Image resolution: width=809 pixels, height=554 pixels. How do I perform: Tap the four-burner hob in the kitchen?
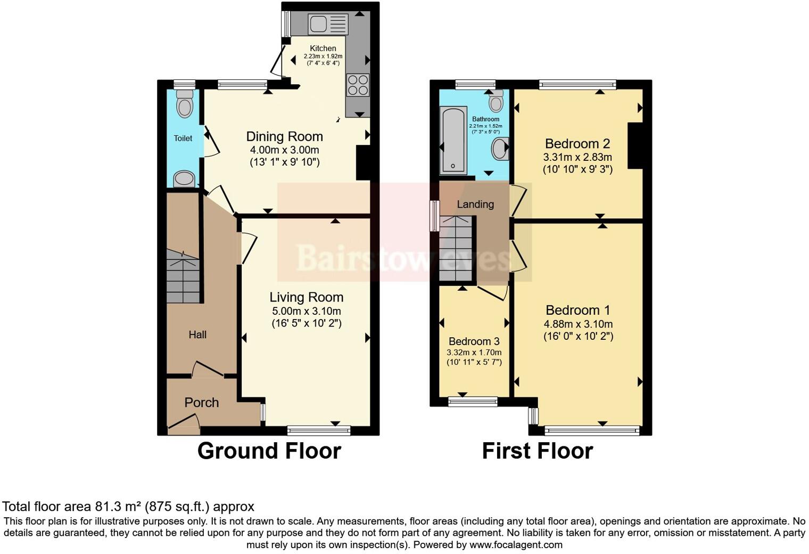[x=357, y=85]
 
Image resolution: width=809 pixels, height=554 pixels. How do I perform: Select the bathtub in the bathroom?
[x=453, y=140]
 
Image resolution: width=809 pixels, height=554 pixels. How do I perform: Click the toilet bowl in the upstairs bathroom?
[x=496, y=101]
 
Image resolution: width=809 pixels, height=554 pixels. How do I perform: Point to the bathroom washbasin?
[x=500, y=149]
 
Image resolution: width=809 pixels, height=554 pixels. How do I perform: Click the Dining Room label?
[x=284, y=136]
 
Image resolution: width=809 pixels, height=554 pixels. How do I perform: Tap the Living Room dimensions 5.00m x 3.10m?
[x=306, y=311]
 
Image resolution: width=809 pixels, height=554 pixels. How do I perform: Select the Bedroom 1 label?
[x=577, y=310]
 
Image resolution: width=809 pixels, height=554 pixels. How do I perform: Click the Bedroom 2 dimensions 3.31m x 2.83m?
[x=577, y=157]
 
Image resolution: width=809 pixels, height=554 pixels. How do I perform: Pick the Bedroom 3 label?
[x=474, y=341]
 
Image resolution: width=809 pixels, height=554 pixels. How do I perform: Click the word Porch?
[x=201, y=403]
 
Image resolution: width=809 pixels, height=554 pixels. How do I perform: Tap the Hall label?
[x=197, y=335]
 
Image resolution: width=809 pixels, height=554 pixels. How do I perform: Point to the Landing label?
[x=475, y=204]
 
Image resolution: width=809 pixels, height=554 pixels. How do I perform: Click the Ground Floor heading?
[x=269, y=451]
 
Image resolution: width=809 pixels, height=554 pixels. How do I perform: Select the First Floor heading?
[x=537, y=451]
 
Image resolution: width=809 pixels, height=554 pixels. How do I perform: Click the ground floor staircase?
[x=183, y=277]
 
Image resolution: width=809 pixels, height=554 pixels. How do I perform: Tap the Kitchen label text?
[x=323, y=48]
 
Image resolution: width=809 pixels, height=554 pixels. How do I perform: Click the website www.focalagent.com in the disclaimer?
[x=516, y=544]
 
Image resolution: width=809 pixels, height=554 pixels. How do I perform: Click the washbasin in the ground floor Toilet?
[x=184, y=178]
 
